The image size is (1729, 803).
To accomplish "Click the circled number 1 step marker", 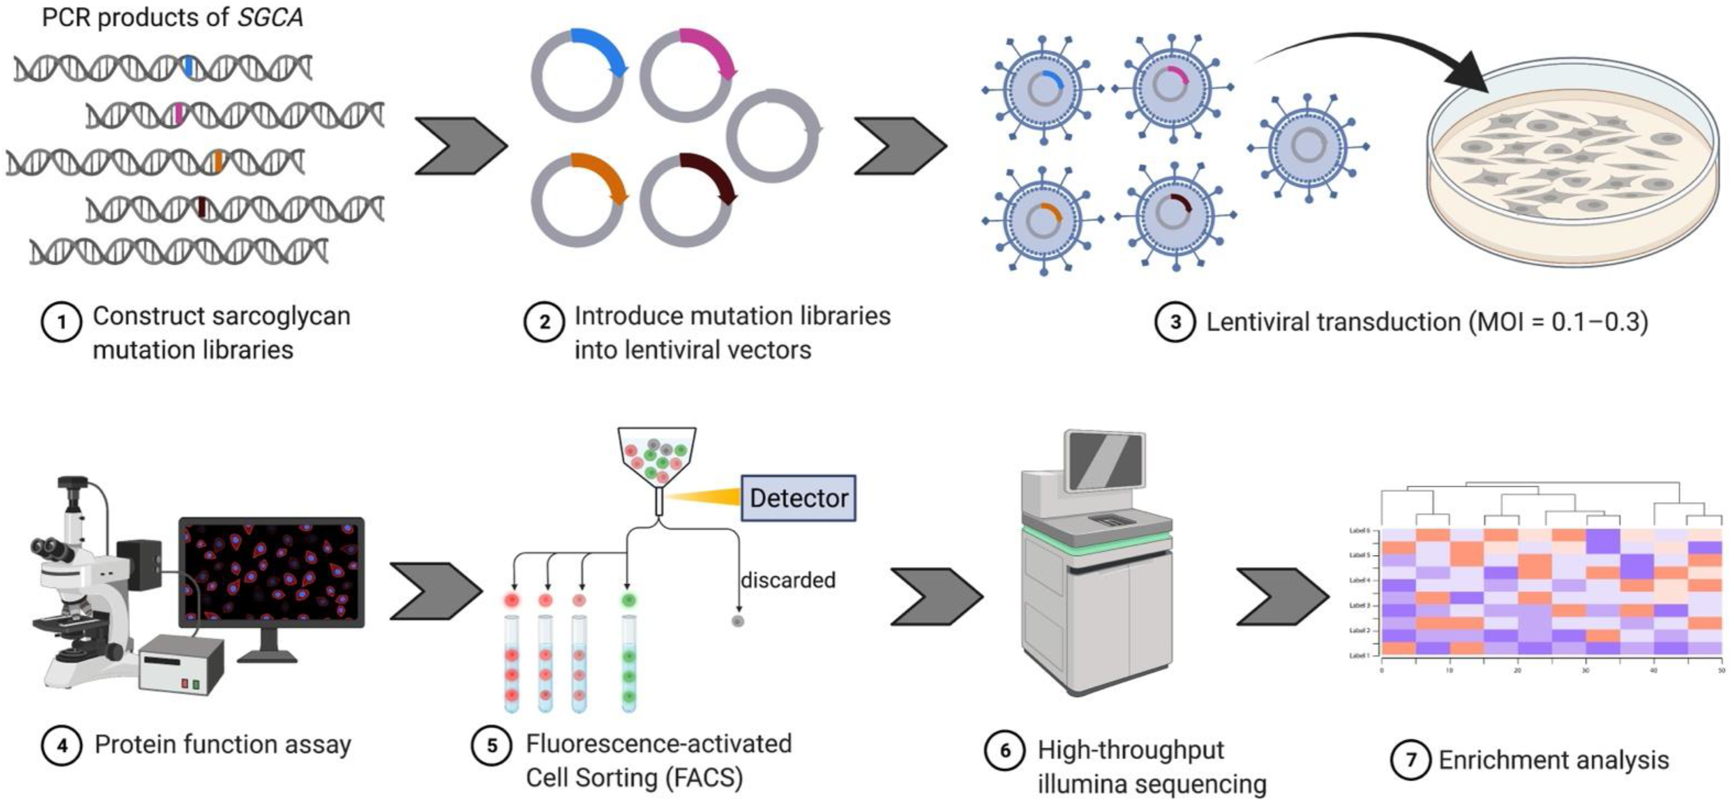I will (61, 323).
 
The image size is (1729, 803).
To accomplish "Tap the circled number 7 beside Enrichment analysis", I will (1410, 760).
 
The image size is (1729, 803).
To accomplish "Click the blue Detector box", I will (798, 498).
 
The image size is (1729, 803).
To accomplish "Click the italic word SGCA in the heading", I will (270, 17).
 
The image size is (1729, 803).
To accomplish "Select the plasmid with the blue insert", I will (578, 75).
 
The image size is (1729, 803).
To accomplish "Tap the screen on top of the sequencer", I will (1104, 460).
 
